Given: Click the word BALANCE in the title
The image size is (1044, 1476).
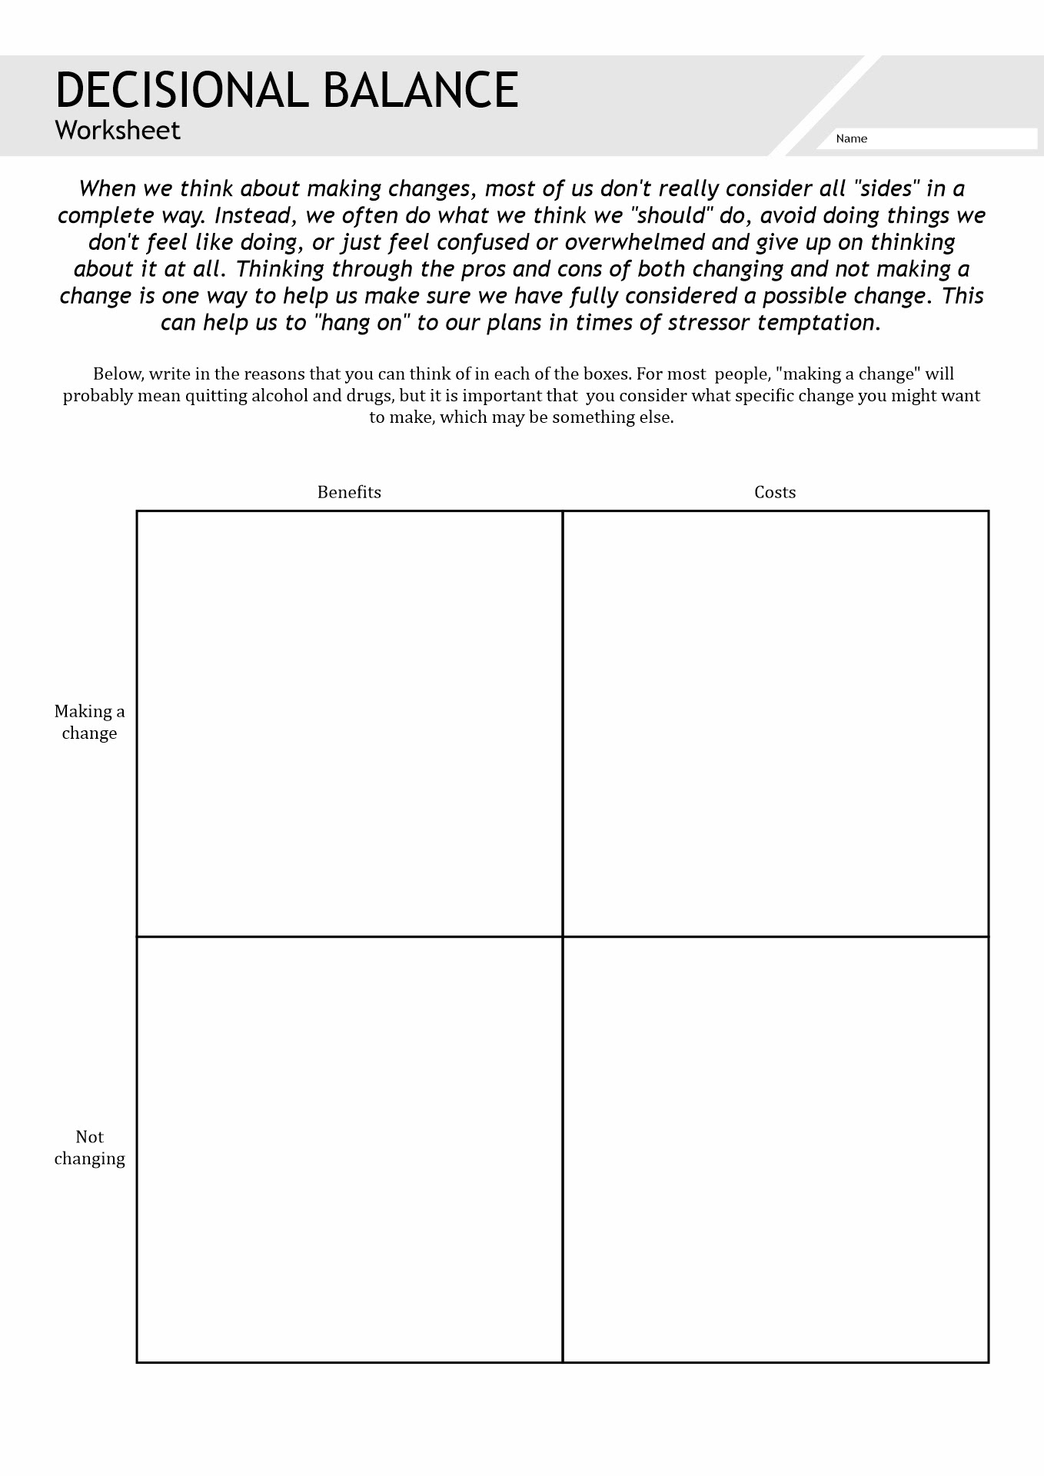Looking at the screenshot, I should click(x=421, y=90).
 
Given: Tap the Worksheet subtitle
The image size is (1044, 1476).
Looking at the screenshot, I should click(x=118, y=130).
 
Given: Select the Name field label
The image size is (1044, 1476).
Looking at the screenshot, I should click(x=851, y=139).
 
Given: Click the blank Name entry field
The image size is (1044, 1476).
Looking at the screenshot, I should click(x=953, y=139).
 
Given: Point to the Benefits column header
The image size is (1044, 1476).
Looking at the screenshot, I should click(x=349, y=492).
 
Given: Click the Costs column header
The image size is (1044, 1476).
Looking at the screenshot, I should click(x=775, y=492).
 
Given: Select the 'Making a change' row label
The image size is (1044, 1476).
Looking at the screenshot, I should click(x=89, y=722).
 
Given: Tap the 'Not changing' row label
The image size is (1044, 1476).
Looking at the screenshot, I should click(x=89, y=1147).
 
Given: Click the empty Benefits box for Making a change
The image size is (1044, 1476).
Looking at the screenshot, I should click(x=349, y=723).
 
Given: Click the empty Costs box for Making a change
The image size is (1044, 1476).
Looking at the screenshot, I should click(x=775, y=723).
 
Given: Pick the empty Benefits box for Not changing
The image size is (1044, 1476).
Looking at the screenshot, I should click(x=349, y=1149).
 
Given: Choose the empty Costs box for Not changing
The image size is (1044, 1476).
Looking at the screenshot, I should click(x=775, y=1149).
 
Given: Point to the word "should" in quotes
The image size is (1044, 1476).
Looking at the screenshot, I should click(x=671, y=215).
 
